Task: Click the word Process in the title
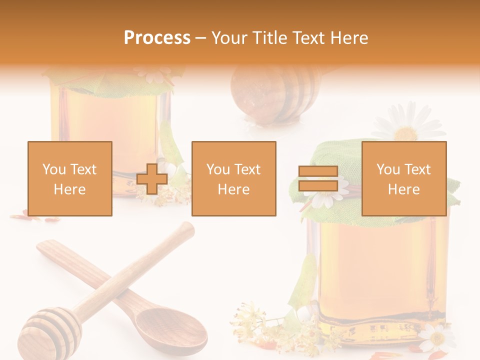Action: coord(157,38)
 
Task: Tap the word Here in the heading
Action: coord(349,38)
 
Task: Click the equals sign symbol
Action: coord(318,178)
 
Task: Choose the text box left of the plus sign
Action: coord(70,178)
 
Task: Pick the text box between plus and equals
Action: coord(233,178)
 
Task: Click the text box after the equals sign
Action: coord(403,178)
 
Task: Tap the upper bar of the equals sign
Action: coord(318,171)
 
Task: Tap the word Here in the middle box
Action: coord(233,189)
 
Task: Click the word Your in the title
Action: coord(229,38)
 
